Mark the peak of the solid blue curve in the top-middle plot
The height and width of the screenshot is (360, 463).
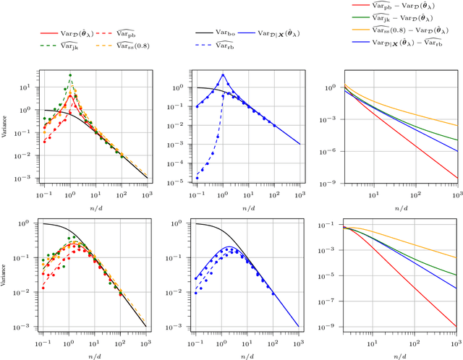(x=223, y=74)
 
